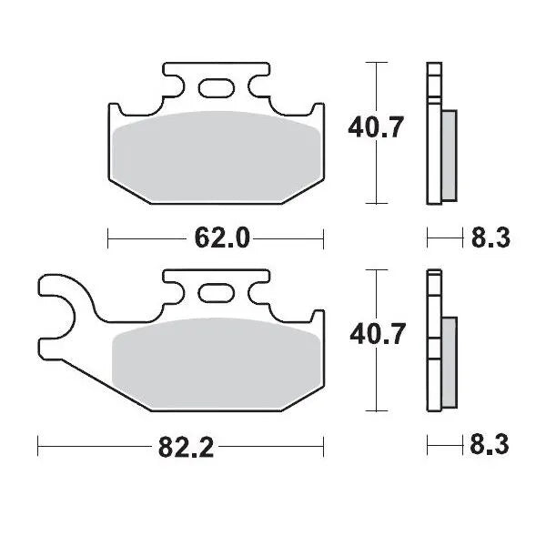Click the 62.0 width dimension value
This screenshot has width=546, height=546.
point(221,238)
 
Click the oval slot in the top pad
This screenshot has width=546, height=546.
point(216,87)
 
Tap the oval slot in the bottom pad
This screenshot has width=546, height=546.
point(216,294)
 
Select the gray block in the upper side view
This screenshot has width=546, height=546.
point(450,154)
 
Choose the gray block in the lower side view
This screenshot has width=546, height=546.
point(450,362)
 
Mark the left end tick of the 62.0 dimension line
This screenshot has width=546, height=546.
point(108,238)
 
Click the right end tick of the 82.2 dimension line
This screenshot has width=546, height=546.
point(325,447)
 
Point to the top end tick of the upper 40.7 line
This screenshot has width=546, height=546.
point(373,62)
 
